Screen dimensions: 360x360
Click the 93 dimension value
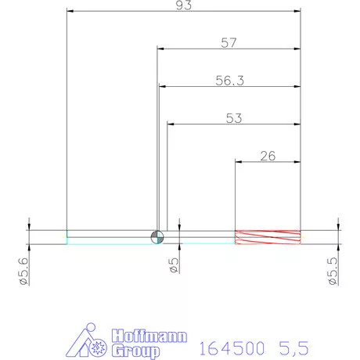coord(185,5)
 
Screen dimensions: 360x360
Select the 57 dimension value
coord(229,43)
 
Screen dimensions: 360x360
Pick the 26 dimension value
coord(267,156)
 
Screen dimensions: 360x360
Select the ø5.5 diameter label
coord(333,269)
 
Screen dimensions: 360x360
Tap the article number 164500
coord(232,345)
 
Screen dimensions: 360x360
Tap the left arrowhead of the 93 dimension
coord(70,11)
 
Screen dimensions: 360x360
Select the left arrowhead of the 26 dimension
coord(239,163)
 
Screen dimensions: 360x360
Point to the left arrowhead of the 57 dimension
coord(162,49)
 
